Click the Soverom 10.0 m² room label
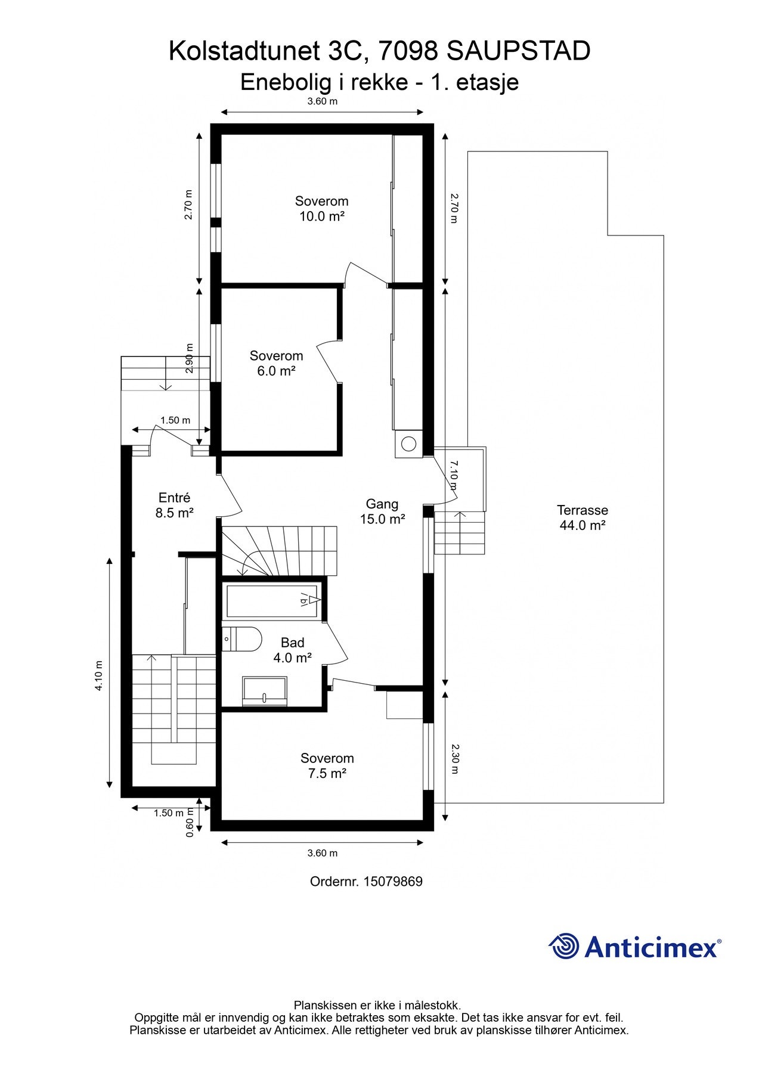pyautogui.click(x=321, y=209)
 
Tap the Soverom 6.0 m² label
pyautogui.click(x=276, y=363)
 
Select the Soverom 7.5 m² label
pyautogui.click(x=327, y=766)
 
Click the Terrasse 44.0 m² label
pyautogui.click(x=583, y=517)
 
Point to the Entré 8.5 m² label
pyautogui.click(x=175, y=505)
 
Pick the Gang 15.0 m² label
pyautogui.click(x=382, y=511)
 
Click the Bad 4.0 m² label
pyautogui.click(x=293, y=650)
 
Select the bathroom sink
pyautogui.click(x=265, y=691)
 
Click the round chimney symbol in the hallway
pyautogui.click(x=409, y=444)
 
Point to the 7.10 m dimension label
pyautogui.click(x=454, y=475)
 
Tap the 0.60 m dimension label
pyautogui.click(x=190, y=823)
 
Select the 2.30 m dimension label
pyautogui.click(x=454, y=758)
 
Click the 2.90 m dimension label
pyautogui.click(x=190, y=358)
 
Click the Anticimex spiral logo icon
pyautogui.click(x=563, y=946)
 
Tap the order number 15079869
pyautogui.click(x=393, y=882)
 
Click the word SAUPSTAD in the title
pyautogui.click(x=518, y=51)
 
